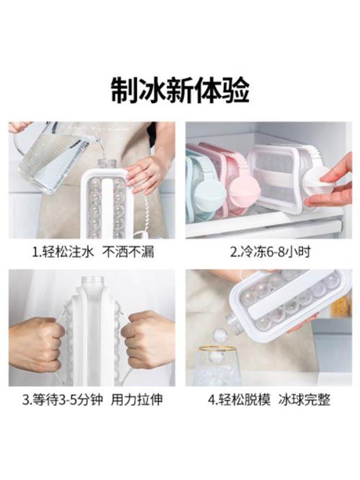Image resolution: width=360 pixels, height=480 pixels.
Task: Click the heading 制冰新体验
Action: coord(180,91)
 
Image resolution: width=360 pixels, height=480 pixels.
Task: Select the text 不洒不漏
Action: coord(128,252)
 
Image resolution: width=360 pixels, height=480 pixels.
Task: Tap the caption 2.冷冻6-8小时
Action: coord(270,252)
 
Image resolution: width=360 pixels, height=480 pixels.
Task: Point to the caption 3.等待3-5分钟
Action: coord(63,400)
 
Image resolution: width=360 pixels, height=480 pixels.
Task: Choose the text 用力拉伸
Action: coord(137,400)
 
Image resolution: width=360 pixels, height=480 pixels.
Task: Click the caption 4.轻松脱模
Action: coord(240,400)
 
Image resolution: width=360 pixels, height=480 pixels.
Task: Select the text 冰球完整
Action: coord(304,400)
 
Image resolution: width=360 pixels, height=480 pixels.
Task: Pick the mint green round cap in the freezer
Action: coord(211,196)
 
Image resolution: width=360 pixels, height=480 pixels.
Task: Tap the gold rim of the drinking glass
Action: coord(218,349)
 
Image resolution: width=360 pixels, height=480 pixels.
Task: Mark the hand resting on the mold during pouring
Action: coord(144,175)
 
